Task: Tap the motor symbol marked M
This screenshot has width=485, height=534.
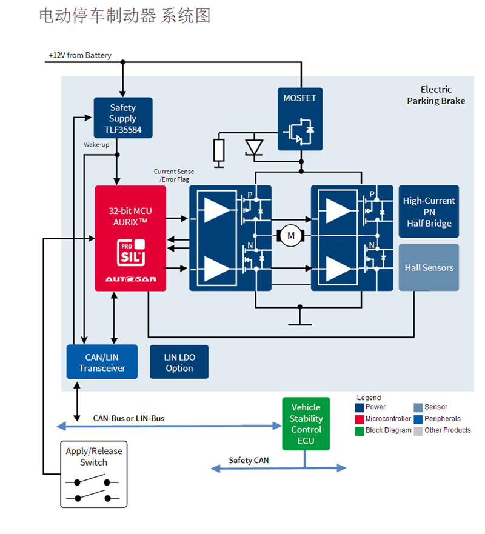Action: tap(290, 235)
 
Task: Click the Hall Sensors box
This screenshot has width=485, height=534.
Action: tap(429, 267)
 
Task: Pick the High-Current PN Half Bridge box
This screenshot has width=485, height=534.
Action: tap(429, 212)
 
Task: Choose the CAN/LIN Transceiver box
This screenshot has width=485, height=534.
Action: tap(102, 362)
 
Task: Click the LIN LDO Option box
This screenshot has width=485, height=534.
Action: tap(179, 362)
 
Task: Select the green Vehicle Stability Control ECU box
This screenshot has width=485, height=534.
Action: tap(306, 423)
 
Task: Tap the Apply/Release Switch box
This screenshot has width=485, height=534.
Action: tap(94, 473)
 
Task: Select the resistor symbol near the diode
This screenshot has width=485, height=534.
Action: tap(219, 150)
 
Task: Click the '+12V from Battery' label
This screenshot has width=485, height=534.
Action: tap(80, 55)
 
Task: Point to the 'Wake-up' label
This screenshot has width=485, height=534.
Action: tap(96, 145)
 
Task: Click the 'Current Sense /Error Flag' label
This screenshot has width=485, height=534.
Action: tap(173, 175)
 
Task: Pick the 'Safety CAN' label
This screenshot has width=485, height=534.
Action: tap(249, 461)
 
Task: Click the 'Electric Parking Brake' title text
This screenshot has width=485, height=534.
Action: tap(436, 95)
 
